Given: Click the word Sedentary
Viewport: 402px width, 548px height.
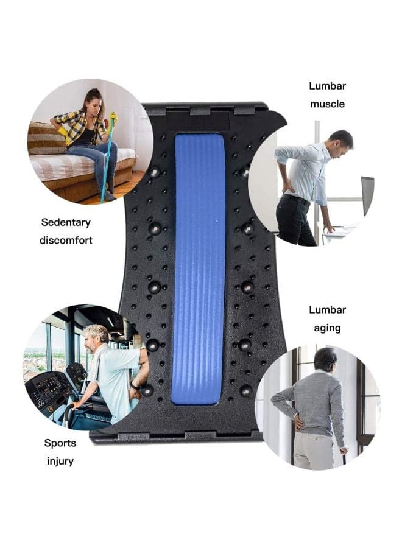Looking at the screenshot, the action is [66, 222].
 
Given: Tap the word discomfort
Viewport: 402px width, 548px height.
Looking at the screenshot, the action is [66, 240].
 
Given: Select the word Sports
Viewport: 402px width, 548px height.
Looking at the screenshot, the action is [60, 443].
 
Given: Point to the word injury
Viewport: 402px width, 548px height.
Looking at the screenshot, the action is [60, 462].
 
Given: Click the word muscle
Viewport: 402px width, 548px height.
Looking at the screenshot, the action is [327, 104].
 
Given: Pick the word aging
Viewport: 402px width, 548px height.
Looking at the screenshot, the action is [327, 328].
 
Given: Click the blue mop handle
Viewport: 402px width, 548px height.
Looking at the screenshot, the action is [108, 161].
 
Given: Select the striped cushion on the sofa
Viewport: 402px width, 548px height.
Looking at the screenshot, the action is [46, 138].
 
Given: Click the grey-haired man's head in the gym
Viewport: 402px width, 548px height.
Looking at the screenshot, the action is [96, 338].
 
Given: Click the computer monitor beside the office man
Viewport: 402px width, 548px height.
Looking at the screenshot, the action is [368, 195].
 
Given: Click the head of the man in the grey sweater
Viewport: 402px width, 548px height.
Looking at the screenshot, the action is [326, 359].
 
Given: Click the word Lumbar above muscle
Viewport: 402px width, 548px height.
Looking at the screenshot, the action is [327, 86].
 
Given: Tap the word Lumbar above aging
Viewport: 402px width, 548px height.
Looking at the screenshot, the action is [327, 310].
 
